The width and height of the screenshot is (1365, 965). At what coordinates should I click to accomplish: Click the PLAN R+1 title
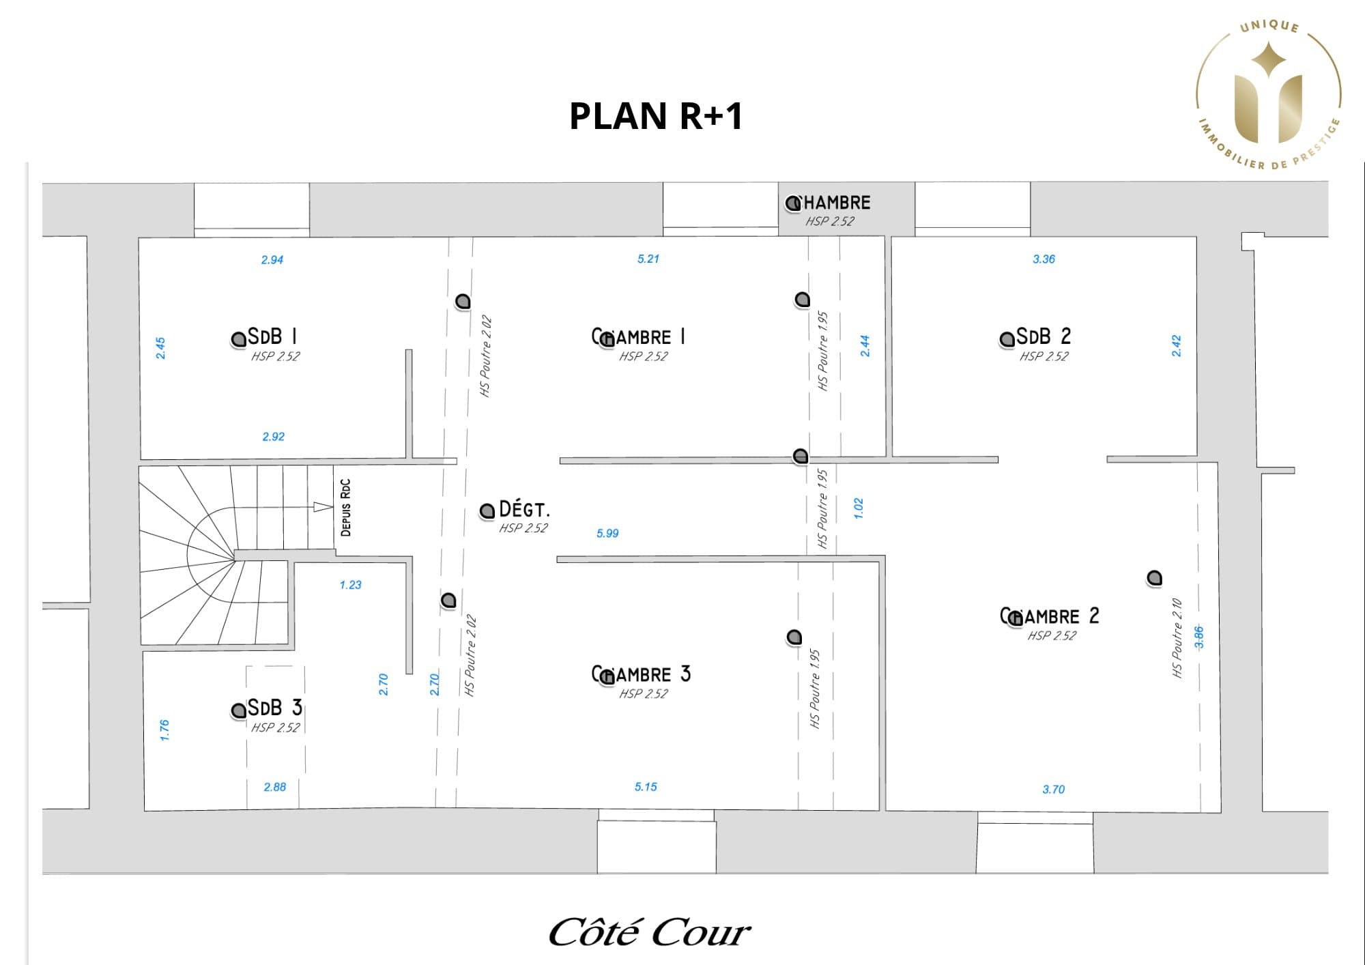tap(656, 116)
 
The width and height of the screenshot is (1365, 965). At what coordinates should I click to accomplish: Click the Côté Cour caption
tap(649, 932)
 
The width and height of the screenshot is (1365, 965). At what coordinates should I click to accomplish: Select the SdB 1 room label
tap(272, 336)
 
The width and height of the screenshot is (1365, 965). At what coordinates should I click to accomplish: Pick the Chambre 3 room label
tap(642, 674)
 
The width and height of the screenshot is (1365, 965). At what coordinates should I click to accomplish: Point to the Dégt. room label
tap(524, 509)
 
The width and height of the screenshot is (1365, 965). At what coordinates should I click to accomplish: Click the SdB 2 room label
tap(1043, 336)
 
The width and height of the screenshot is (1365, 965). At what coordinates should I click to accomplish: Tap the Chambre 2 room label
tap(1050, 616)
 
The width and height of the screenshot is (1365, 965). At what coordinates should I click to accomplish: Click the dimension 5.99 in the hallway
tap(607, 533)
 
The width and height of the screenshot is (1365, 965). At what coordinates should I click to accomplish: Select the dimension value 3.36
tap(1044, 259)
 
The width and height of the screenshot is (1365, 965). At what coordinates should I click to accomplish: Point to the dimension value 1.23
tap(350, 585)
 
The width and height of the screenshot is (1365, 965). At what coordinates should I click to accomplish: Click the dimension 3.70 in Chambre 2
tap(1053, 789)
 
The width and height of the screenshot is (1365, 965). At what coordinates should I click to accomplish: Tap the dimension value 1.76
tap(164, 730)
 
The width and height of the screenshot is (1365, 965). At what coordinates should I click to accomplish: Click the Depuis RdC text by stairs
tap(345, 507)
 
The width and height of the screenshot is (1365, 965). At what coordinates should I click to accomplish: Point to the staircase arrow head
tap(323, 506)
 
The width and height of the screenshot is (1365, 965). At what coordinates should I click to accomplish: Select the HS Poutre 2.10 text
tap(1177, 638)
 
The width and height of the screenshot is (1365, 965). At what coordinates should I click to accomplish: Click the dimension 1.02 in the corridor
tap(859, 508)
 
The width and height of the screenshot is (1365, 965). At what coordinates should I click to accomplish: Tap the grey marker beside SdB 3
tap(238, 710)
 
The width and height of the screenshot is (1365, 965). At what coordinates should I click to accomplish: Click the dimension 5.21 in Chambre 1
tap(648, 259)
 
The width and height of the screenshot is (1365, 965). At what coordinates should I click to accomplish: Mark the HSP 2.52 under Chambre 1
tap(643, 356)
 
